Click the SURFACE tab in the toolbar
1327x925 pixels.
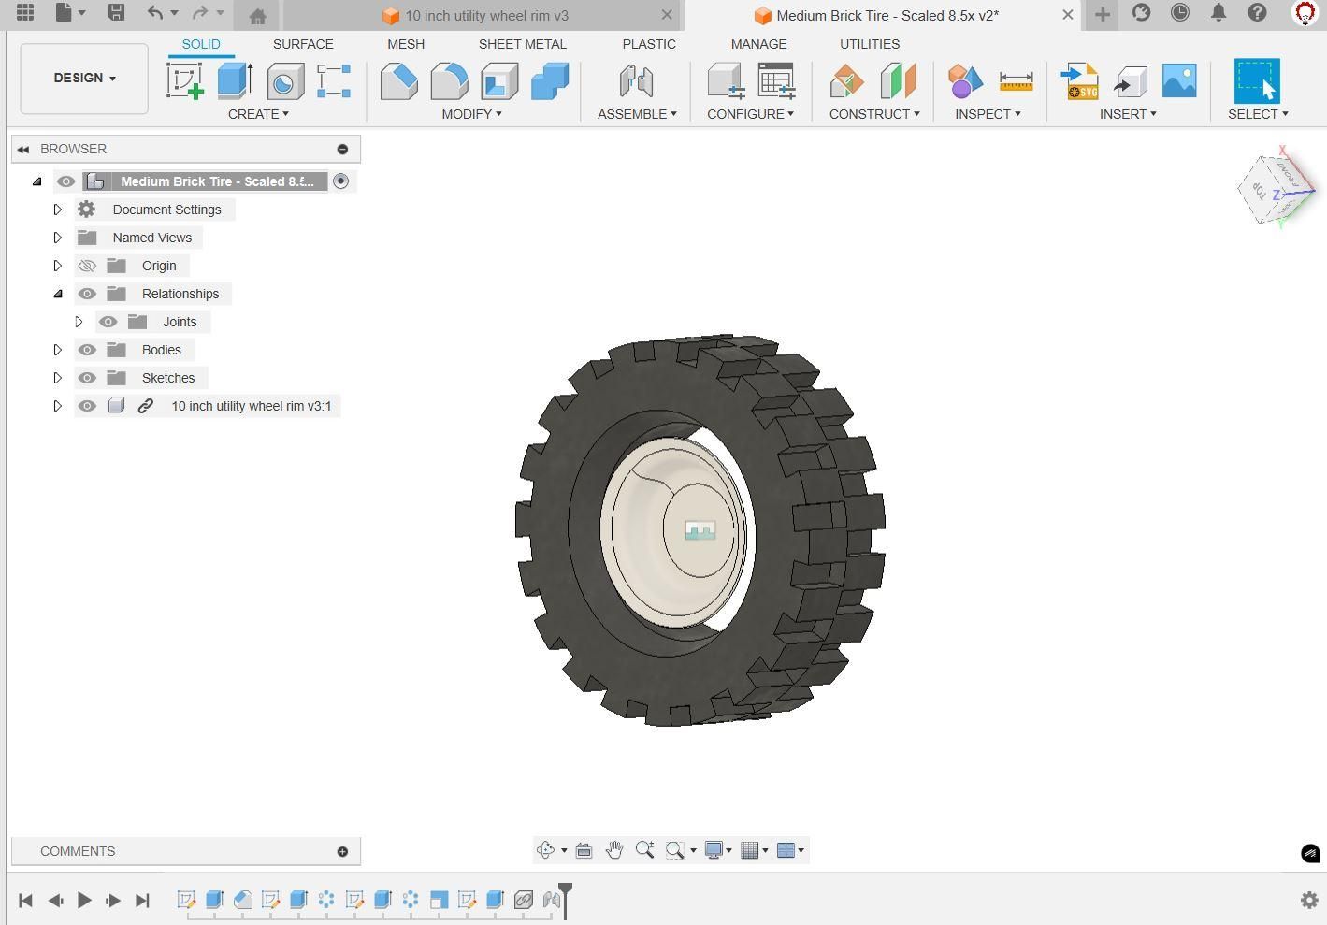coord(303,44)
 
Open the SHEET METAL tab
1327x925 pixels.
coord(522,44)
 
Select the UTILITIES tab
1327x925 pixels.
coord(869,44)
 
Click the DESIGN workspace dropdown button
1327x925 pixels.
coord(84,79)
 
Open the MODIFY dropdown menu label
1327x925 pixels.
coord(471,114)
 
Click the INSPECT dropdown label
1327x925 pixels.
coord(988,114)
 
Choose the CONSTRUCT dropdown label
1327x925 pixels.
coord(874,114)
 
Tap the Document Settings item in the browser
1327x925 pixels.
coord(166,210)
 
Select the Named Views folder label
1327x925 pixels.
coord(152,238)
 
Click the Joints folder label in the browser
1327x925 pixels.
coord(180,322)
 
